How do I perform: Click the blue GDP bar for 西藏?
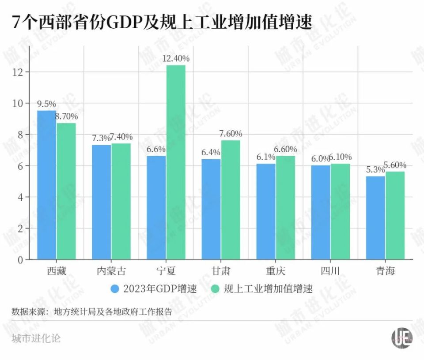46,185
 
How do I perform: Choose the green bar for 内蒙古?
121,201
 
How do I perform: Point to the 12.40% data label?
176,58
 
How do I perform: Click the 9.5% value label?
46,104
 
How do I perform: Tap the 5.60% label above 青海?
395,165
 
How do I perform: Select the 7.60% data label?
231,134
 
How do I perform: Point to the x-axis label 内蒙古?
111,271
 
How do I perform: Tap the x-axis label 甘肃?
221,271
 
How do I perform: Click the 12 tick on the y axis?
18,71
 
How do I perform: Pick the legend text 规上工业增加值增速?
268,289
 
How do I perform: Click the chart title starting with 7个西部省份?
162,22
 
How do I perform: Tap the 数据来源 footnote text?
92,311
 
